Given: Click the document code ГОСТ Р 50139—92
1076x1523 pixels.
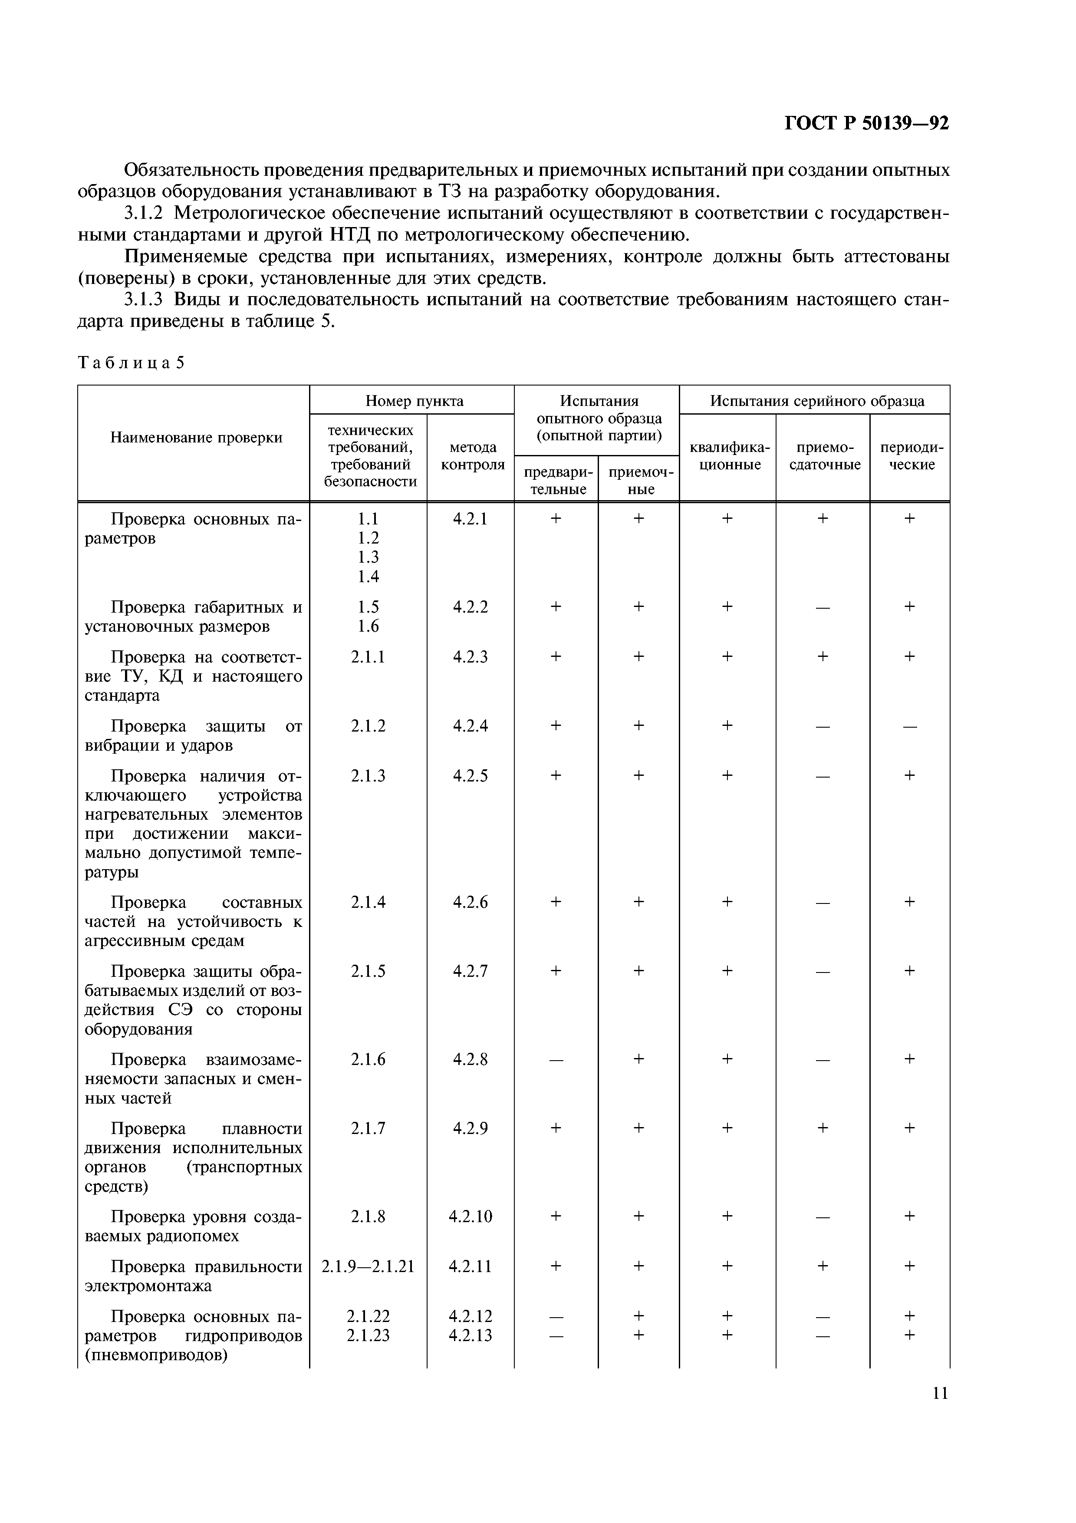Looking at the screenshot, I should coord(866,123).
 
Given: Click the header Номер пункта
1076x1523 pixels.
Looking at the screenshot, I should coord(415,401).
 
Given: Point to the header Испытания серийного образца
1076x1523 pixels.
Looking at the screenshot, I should coord(817,401).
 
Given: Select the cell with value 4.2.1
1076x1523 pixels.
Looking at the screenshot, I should coord(470,519).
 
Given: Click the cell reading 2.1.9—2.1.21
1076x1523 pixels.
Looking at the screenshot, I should coord(368,1266).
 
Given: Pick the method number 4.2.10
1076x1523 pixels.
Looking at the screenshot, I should coord(470,1216).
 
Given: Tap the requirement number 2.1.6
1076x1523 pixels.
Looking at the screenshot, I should coord(368,1059).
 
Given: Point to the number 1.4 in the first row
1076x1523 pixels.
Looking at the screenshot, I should coord(368,577).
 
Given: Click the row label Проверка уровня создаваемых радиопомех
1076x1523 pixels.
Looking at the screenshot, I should coord(194,1226).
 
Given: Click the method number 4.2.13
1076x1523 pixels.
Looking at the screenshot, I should coord(470,1335).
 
